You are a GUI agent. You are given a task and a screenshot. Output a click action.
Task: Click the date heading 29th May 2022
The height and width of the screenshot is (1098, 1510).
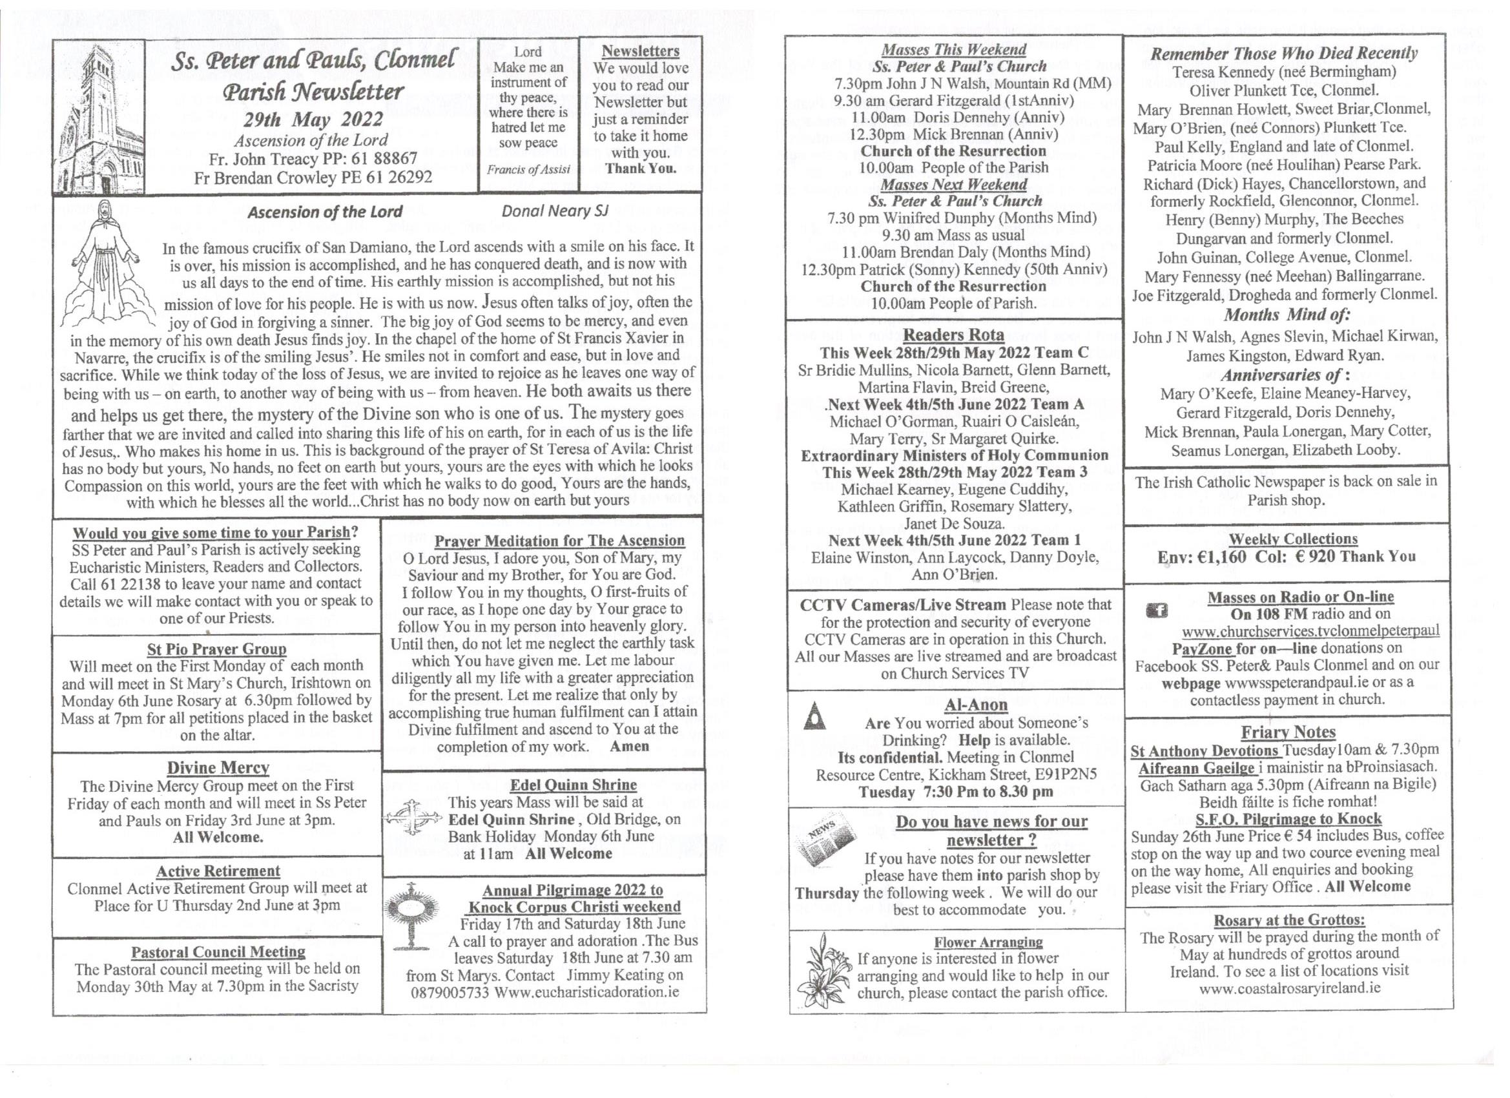click(x=313, y=120)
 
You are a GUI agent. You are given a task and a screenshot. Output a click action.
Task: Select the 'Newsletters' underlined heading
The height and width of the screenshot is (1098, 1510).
click(x=641, y=51)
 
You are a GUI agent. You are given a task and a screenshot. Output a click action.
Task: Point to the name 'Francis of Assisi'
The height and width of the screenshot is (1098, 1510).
click(x=528, y=169)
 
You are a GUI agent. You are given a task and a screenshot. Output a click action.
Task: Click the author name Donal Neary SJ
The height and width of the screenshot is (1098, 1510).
click(x=555, y=211)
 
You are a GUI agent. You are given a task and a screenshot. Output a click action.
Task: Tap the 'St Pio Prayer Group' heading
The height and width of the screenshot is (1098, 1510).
click(x=217, y=648)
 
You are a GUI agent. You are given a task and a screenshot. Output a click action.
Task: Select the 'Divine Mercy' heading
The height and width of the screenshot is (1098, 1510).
click(x=218, y=768)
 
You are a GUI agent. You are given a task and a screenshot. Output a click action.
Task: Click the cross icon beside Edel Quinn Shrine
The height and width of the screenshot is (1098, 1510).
click(x=413, y=818)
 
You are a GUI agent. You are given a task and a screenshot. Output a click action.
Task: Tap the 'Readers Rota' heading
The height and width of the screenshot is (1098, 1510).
click(x=953, y=335)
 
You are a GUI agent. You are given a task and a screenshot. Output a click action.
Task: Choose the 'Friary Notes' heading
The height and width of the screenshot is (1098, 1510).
click(x=1288, y=732)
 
